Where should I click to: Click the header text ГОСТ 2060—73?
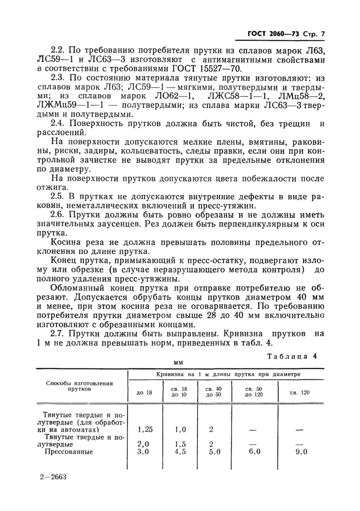click(268, 36)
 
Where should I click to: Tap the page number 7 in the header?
click(323, 36)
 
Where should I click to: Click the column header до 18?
click(144, 393)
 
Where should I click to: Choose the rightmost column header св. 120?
click(300, 393)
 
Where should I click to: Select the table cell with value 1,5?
click(179, 444)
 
